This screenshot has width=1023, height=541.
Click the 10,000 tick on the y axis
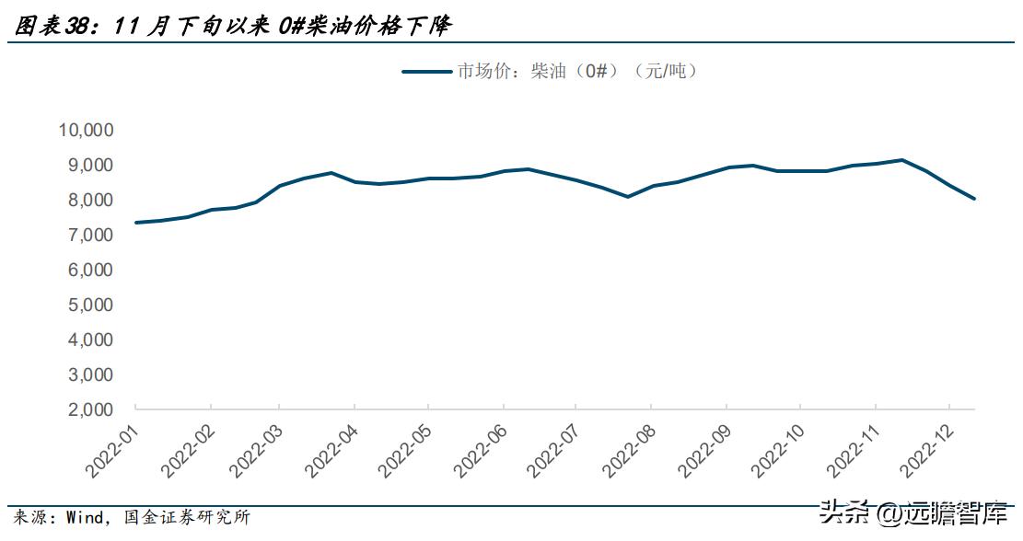[x=86, y=130]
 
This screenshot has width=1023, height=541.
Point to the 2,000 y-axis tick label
[x=90, y=409]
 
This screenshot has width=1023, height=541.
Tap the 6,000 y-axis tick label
[x=90, y=270]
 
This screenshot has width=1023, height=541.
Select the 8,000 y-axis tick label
[x=90, y=200]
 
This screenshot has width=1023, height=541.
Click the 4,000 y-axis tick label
[x=90, y=340]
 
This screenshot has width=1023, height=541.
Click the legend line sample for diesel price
[x=425, y=72]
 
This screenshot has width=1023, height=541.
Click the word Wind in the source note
[x=84, y=518]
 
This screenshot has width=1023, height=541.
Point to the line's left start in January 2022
[x=135, y=223]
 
